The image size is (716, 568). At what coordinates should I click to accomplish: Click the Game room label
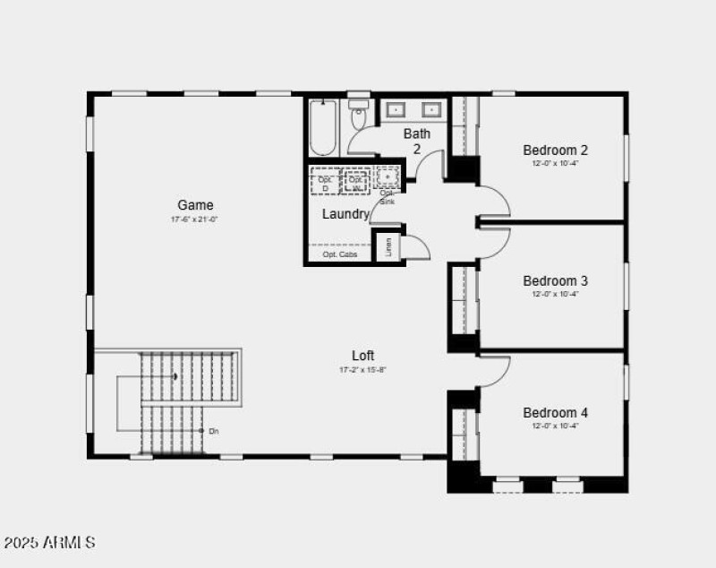195,205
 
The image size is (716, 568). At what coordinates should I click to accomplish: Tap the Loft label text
362,355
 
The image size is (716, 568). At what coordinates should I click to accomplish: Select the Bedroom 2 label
555,150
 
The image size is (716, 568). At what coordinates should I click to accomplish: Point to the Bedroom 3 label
555,281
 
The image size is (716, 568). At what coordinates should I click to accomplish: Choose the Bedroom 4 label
555,413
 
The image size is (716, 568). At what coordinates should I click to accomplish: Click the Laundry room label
345,214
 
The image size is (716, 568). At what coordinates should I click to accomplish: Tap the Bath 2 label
416,141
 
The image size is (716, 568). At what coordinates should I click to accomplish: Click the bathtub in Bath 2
322,128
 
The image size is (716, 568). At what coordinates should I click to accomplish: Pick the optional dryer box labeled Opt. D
325,182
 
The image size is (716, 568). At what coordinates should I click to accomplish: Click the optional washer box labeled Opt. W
356,182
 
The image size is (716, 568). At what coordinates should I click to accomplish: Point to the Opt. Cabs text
340,255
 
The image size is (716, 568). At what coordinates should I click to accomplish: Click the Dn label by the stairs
213,432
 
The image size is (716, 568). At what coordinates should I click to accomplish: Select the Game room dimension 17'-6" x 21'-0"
195,219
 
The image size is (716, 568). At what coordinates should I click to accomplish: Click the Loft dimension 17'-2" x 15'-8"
362,369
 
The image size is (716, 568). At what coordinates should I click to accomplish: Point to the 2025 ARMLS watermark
49,543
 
